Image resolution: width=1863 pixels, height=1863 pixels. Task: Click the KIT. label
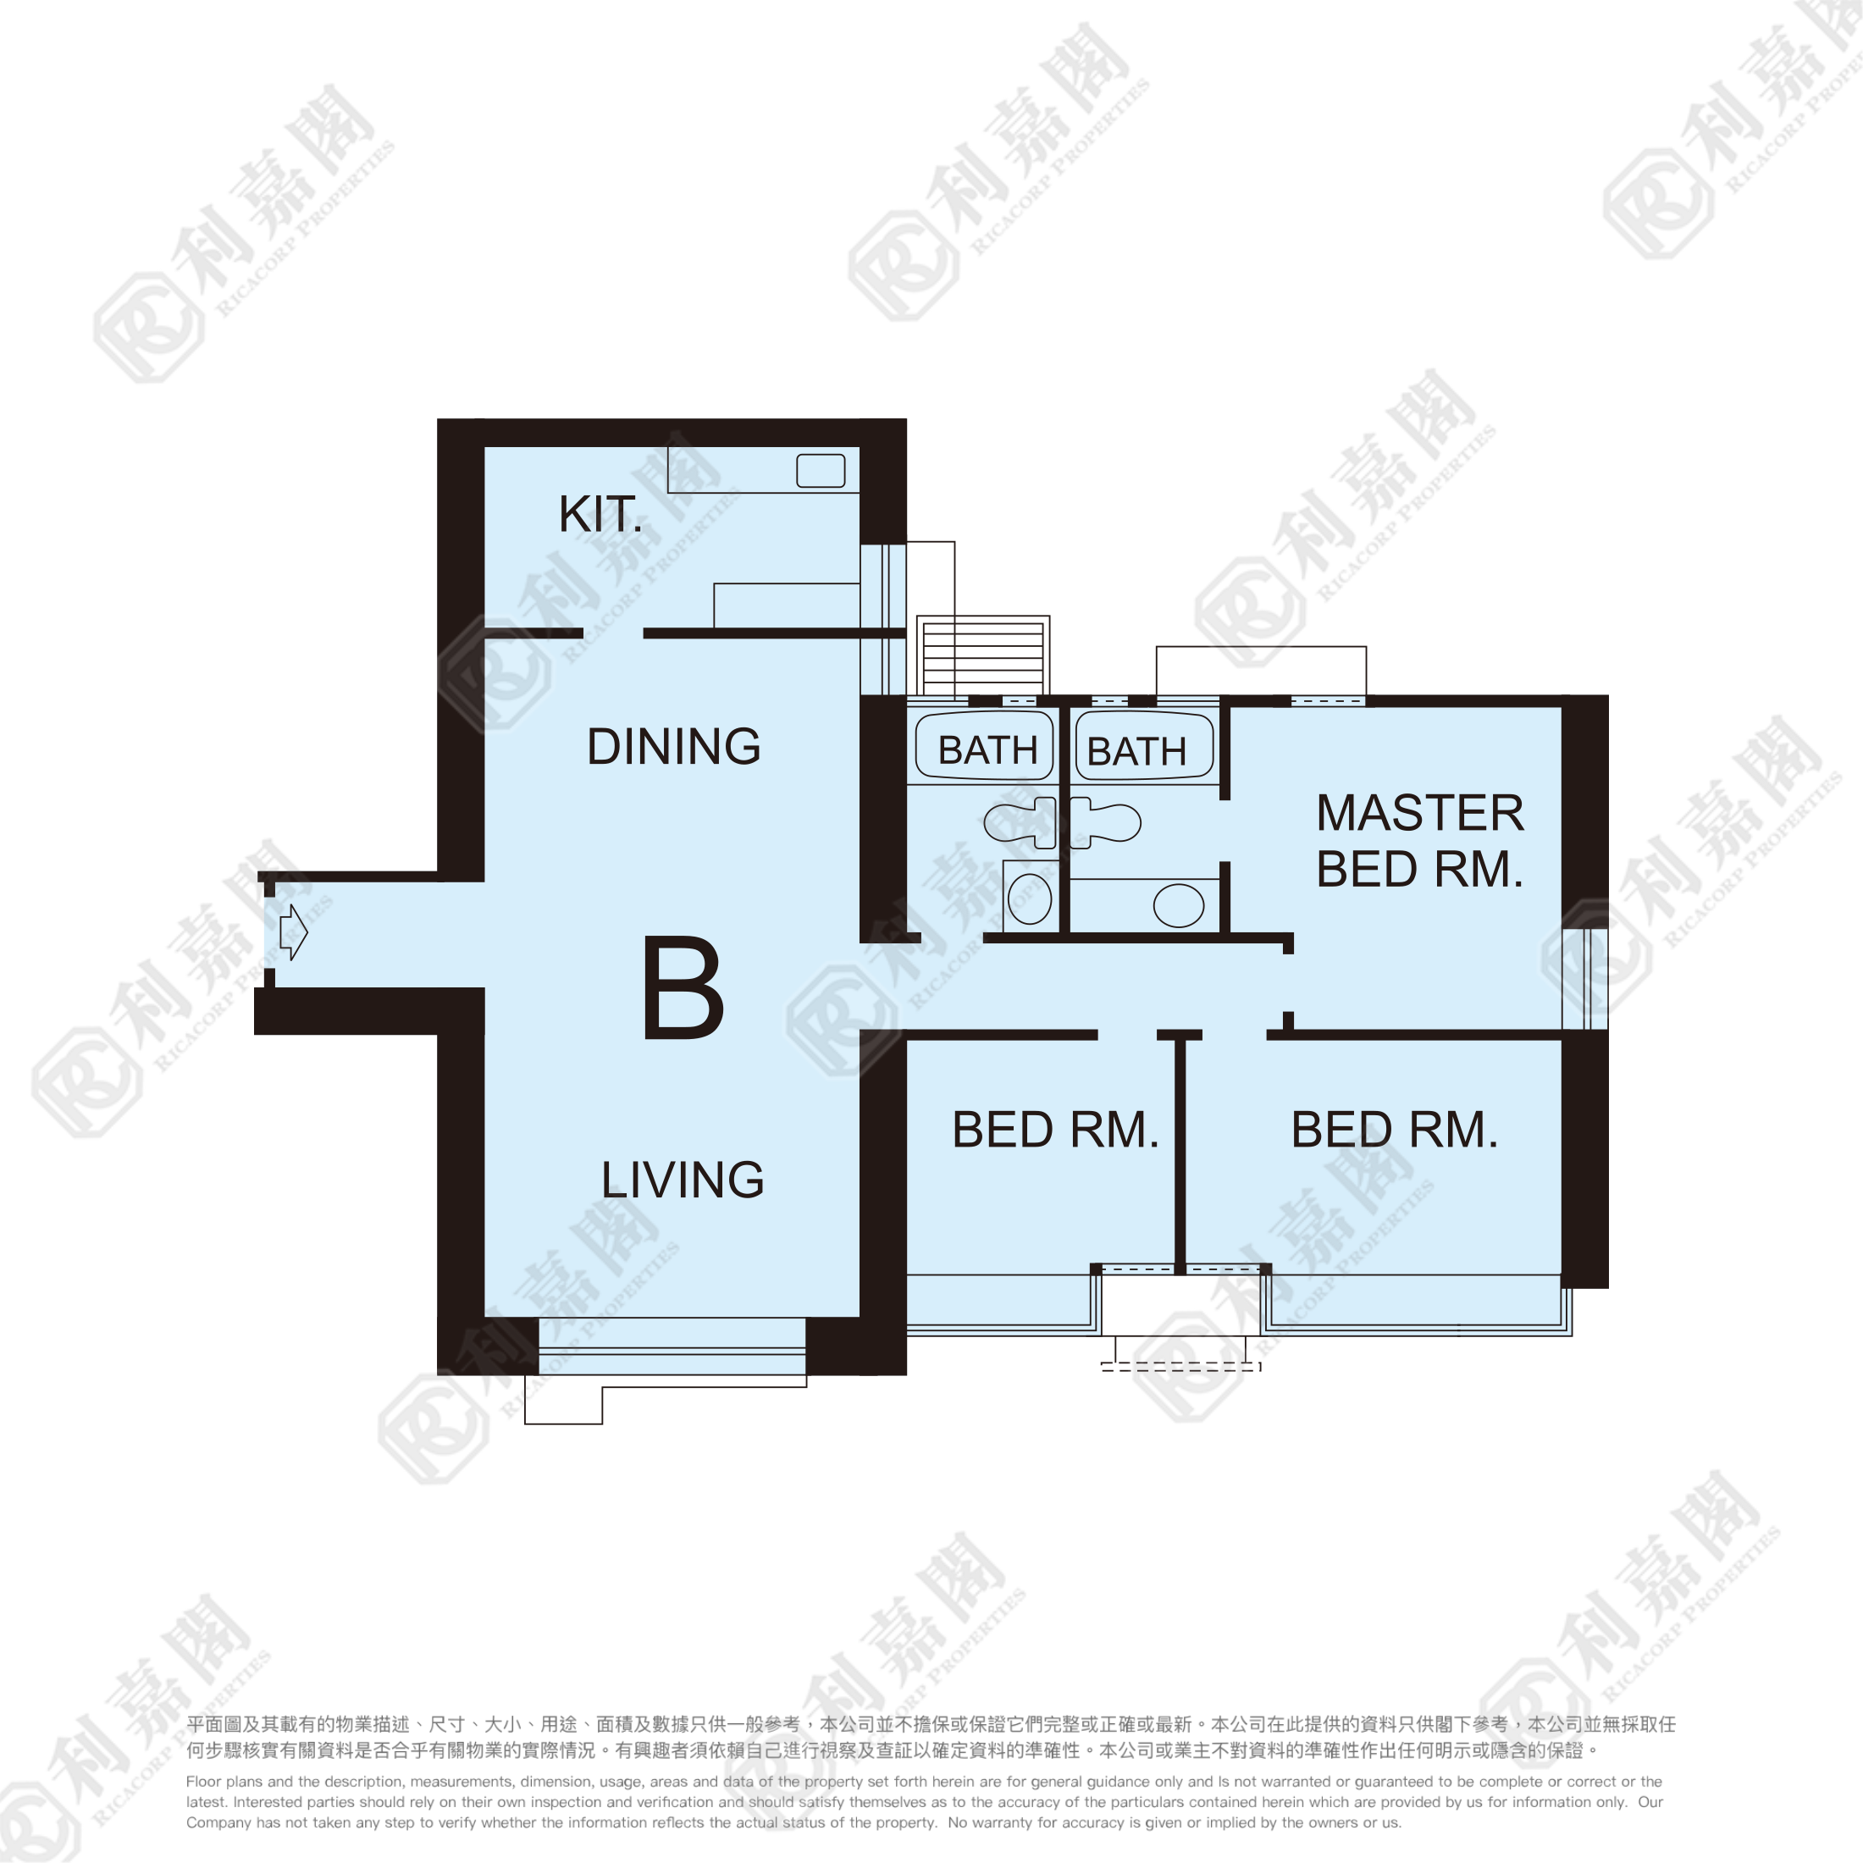pyautogui.click(x=600, y=515)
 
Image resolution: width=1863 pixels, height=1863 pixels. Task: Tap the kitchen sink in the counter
pyautogui.click(x=821, y=471)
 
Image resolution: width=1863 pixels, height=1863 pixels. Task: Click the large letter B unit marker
pyautogui.click(x=683, y=988)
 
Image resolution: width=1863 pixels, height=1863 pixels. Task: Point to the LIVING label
pyautogui.click(x=683, y=1180)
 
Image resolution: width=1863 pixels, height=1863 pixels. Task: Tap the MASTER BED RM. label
pyautogui.click(x=1419, y=841)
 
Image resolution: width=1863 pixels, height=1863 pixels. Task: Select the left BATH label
pyautogui.click(x=987, y=750)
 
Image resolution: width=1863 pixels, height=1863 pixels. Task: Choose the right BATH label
pyautogui.click(x=1137, y=751)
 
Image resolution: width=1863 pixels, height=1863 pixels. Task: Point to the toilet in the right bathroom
pyautogui.click(x=1106, y=822)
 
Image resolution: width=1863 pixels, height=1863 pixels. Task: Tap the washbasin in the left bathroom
pyautogui.click(x=1030, y=898)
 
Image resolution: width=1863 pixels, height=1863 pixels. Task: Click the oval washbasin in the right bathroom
pyautogui.click(x=1179, y=906)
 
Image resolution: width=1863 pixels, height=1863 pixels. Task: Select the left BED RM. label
pyautogui.click(x=1055, y=1131)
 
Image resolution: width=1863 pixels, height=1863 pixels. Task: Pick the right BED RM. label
pyautogui.click(x=1395, y=1131)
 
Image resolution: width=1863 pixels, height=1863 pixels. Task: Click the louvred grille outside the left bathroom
pyautogui.click(x=982, y=658)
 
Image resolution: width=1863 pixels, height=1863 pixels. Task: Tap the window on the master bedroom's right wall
pyautogui.click(x=1585, y=979)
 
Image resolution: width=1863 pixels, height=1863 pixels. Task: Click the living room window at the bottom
pyautogui.click(x=672, y=1346)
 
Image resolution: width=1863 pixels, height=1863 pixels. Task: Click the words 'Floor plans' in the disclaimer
pyautogui.click(x=223, y=1782)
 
